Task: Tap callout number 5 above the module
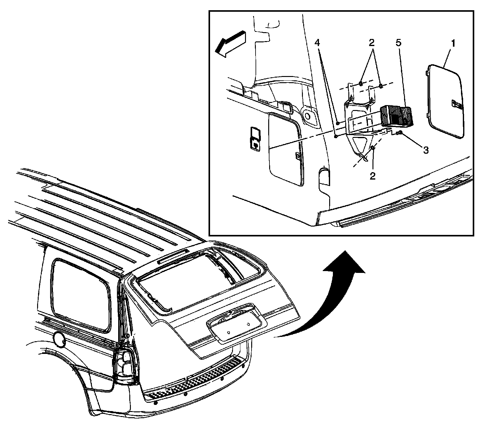(x=398, y=43)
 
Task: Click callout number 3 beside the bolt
(x=426, y=150)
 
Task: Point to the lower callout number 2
(x=372, y=176)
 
